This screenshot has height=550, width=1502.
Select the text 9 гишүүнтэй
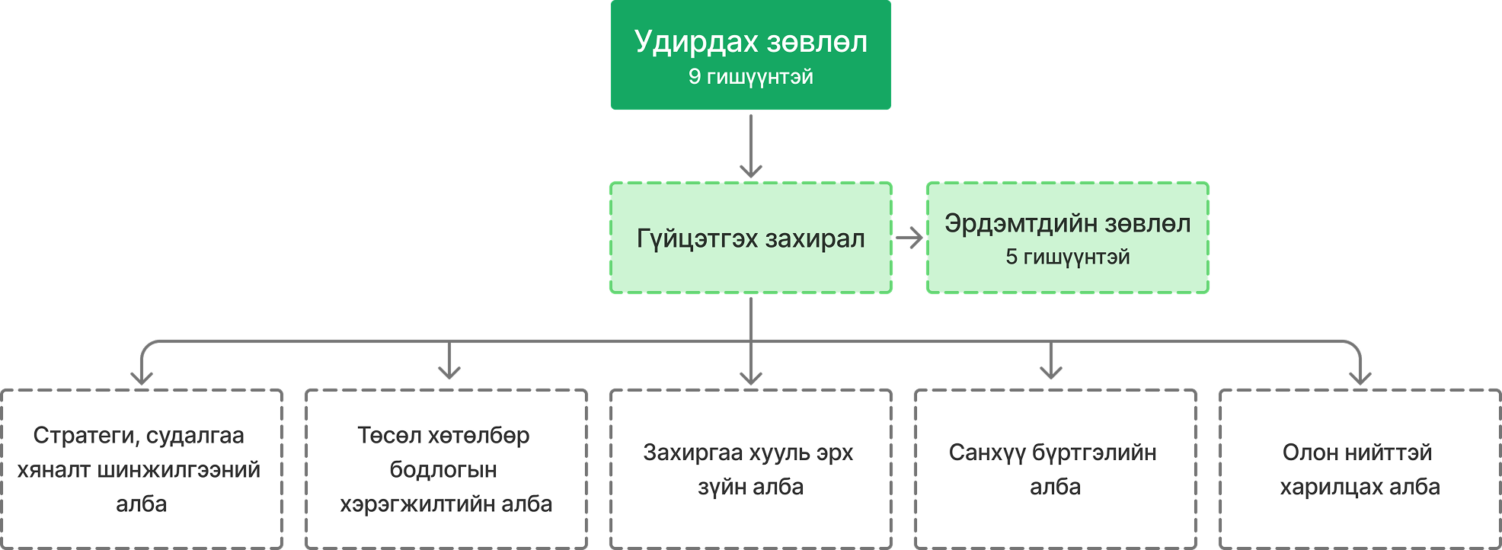750,77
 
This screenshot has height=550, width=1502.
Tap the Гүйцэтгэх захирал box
750,238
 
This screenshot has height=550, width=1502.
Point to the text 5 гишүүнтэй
1067,257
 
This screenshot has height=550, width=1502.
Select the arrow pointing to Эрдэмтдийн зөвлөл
909,238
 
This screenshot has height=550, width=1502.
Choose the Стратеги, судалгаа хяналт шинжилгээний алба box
142,469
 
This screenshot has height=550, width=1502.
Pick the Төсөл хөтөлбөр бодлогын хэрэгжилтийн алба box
446,469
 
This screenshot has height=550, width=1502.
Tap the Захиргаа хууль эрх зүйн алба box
751,469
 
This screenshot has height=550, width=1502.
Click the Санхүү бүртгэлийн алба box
1056,469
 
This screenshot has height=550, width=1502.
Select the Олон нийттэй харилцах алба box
1360,469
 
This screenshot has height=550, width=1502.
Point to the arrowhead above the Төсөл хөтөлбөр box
449,372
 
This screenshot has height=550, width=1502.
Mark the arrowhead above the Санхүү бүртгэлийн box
1051,372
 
